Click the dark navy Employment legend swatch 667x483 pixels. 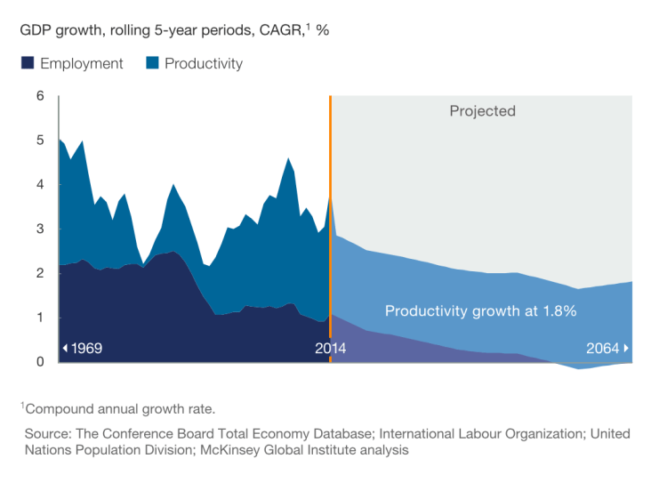(28, 64)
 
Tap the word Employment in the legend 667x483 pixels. (82, 64)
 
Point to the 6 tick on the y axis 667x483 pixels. (40, 96)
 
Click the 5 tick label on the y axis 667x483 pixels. (40, 141)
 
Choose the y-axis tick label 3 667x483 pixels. (40, 229)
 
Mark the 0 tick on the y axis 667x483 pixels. (40, 362)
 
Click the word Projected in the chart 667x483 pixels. (482, 111)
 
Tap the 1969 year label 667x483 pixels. (86, 348)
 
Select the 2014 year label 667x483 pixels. (331, 348)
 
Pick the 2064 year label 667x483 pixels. (602, 348)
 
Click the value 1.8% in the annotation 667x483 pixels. (558, 311)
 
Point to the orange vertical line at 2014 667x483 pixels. (330, 222)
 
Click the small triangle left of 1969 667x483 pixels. (64, 348)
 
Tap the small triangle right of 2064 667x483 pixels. (626, 348)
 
